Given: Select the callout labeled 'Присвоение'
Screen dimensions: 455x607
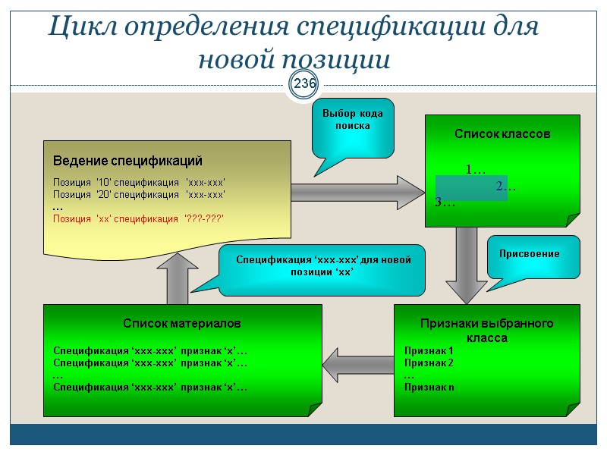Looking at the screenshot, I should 530,255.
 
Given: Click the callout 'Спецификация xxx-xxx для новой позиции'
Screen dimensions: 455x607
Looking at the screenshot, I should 318,268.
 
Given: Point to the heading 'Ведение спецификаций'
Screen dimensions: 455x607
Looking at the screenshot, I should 127,162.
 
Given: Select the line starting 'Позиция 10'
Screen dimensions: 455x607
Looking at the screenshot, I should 139,182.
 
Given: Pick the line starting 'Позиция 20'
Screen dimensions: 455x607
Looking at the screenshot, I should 139,194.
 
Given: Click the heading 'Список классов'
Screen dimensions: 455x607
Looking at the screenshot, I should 502,134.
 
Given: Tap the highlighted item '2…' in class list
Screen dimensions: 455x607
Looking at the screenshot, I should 505,187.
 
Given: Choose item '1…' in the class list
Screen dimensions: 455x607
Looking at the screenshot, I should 476,168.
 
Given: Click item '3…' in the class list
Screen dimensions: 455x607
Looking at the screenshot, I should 445,202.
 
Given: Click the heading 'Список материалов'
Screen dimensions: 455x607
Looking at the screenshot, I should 182,323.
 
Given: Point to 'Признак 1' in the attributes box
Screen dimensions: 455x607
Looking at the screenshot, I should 428,350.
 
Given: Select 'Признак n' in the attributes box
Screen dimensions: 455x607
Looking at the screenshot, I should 429,387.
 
